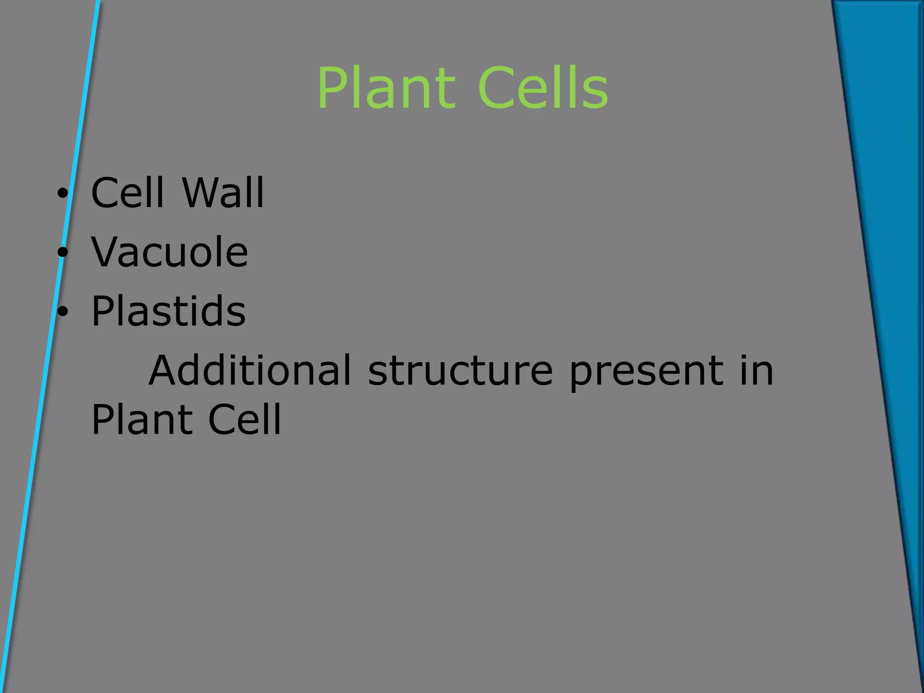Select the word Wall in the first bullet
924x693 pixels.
223,193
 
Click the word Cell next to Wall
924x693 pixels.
127,193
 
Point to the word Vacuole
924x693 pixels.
170,252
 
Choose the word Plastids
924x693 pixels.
169,311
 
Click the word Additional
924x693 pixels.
249,370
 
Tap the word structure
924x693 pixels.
460,371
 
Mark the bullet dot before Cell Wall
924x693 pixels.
62,194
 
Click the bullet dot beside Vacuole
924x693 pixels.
62,253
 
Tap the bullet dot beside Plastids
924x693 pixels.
62,312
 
